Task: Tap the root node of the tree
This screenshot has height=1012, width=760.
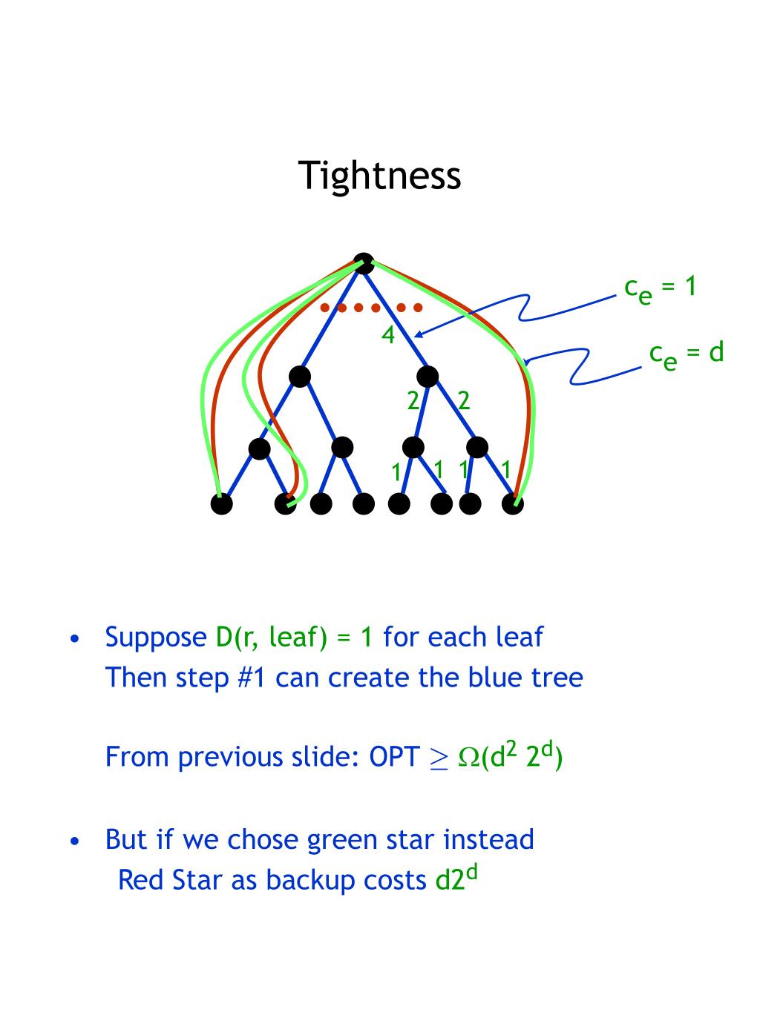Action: pyautogui.click(x=364, y=263)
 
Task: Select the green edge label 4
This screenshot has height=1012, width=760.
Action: pyautogui.click(x=388, y=336)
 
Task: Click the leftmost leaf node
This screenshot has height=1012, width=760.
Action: pyautogui.click(x=221, y=504)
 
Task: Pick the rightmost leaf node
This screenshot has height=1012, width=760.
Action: pyautogui.click(x=513, y=504)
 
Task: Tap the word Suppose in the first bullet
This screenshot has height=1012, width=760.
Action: pyautogui.click(x=156, y=638)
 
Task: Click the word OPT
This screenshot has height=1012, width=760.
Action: pyautogui.click(x=394, y=757)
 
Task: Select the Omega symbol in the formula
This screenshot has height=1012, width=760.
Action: pyautogui.click(x=469, y=758)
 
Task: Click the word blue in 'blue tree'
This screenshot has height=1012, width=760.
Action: pyautogui.click(x=497, y=677)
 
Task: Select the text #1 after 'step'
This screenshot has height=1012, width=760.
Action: pyautogui.click(x=252, y=677)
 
